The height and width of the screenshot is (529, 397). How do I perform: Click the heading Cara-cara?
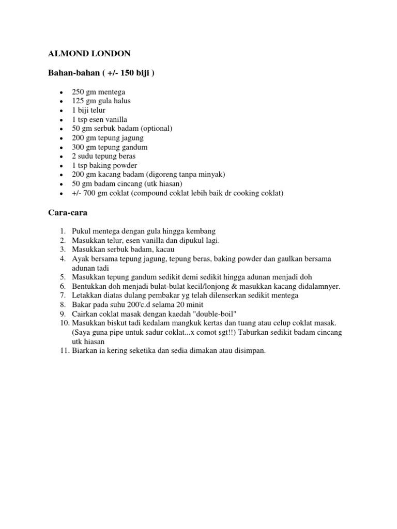coord(64,212)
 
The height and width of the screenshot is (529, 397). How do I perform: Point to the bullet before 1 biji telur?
coord(62,111)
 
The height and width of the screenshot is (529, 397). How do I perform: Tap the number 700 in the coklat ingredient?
coord(90,194)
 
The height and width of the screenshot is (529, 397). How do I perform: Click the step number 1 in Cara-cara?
coord(62,230)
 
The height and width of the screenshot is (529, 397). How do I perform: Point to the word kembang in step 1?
coord(198,230)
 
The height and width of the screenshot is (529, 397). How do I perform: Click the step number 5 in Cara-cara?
coord(62,277)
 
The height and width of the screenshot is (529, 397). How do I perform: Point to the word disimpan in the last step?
coord(249,351)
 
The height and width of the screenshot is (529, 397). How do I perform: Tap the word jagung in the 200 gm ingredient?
coord(132,138)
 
